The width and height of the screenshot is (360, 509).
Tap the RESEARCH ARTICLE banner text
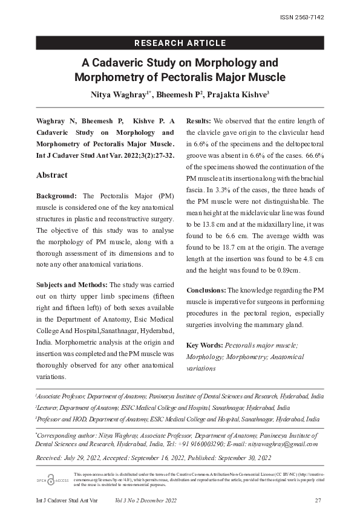[180, 43]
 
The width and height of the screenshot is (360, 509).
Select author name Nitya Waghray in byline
[118, 95]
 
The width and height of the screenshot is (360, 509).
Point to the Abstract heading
[52, 175]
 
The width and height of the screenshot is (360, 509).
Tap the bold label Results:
[199, 121]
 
